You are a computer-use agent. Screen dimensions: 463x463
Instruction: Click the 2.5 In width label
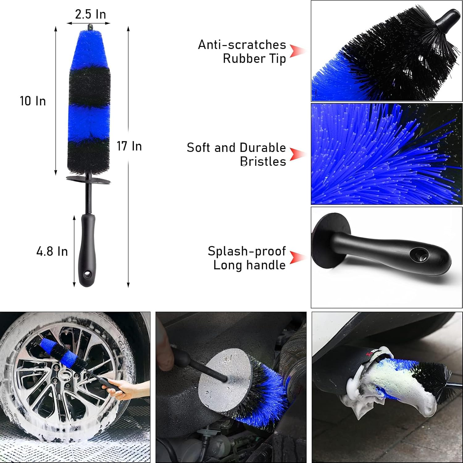coord(90,14)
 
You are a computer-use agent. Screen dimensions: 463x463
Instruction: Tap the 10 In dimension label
coord(33,101)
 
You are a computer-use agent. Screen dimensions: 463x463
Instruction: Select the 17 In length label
coord(129,146)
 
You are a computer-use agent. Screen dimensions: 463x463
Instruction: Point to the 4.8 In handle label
coord(52,251)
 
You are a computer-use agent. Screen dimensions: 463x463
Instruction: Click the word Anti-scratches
coord(242,45)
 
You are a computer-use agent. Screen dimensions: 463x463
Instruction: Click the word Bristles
coord(263,161)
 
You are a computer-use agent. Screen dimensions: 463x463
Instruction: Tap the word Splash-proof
coord(246,251)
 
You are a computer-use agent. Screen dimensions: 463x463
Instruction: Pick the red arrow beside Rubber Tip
coord(297,51)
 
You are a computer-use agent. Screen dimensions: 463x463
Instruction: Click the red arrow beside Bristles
coord(297,154)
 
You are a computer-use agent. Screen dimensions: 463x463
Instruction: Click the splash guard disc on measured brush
coord(88,180)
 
